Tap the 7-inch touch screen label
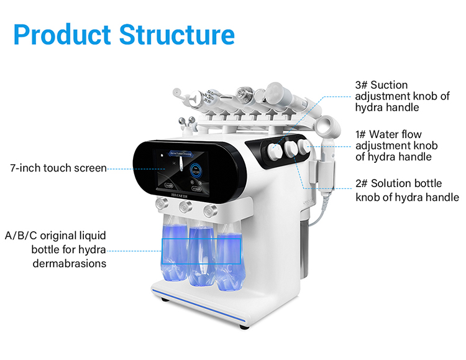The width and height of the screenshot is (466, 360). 58,168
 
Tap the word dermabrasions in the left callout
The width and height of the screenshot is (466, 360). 69,263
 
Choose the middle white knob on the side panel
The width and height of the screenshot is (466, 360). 288,147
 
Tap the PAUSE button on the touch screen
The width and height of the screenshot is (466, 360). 168,185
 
